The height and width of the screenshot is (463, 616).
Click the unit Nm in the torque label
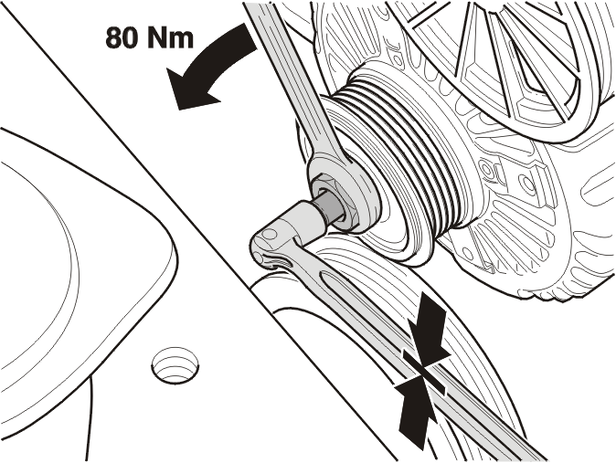tap(171, 37)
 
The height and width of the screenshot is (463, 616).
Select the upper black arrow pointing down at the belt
tap(429, 334)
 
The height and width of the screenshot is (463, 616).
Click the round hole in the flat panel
tap(175, 364)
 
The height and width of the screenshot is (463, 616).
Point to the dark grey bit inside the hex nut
tap(329, 208)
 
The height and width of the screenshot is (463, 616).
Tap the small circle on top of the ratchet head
tap(270, 235)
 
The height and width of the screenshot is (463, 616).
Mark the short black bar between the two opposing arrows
tap(424, 371)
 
